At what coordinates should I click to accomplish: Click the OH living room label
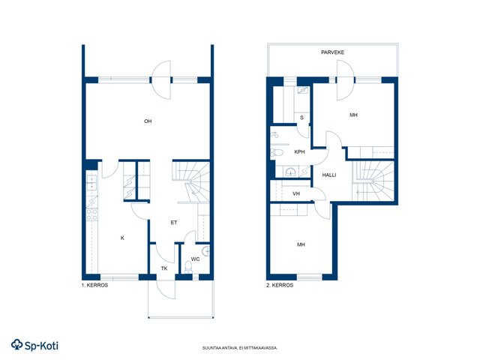[x=148, y=121]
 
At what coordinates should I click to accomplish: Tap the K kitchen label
[x=122, y=238]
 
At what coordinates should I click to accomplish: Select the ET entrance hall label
[x=174, y=223]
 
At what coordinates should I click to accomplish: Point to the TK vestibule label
[x=164, y=268]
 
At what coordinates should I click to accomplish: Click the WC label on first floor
[x=195, y=259]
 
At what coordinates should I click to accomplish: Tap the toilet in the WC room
[x=188, y=267]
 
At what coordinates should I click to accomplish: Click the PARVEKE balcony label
[x=333, y=52]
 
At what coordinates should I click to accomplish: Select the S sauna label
[x=301, y=118]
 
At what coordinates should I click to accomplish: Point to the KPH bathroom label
[x=299, y=151]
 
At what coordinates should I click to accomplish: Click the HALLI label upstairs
[x=329, y=175]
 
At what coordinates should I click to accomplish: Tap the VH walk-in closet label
[x=296, y=193]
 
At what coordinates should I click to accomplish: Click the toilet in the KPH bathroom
[x=277, y=152]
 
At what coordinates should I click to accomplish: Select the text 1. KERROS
[x=94, y=285]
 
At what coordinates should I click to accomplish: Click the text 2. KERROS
[x=280, y=285]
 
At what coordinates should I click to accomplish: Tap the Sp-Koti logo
[x=34, y=345]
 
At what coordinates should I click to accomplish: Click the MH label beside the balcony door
[x=353, y=115]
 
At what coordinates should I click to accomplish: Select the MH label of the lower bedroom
[x=301, y=244]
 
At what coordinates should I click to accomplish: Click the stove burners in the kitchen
[x=91, y=214]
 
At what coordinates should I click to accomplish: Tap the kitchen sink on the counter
[x=91, y=182]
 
